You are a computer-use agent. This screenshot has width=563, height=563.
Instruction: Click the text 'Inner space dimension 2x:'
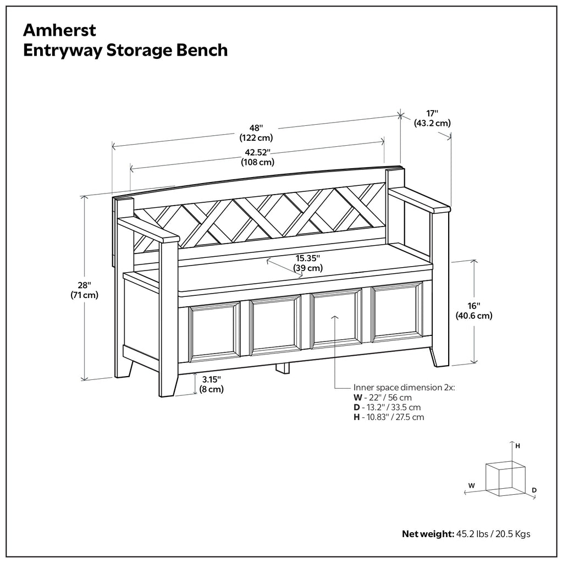404,387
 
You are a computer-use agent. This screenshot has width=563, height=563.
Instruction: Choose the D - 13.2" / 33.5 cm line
387,407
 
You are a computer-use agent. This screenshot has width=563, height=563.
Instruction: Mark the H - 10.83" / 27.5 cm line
389,417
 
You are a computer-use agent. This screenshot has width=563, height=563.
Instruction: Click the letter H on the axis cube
517,446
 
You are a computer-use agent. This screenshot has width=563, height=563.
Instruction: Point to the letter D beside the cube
534,489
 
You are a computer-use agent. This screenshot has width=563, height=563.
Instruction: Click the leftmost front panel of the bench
214,332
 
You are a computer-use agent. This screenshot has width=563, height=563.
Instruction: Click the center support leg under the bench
282,367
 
